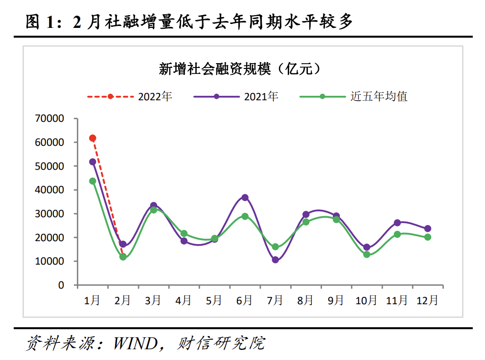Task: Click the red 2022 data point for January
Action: click(92, 138)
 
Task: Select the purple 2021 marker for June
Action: click(245, 198)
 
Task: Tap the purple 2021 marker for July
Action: click(276, 260)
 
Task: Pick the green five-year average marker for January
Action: click(92, 181)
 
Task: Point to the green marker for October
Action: click(367, 254)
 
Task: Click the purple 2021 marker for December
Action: click(428, 228)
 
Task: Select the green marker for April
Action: click(184, 233)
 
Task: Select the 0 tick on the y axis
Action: click(61, 285)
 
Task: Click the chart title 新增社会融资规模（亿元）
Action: click(239, 69)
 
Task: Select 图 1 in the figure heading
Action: click(39, 22)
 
